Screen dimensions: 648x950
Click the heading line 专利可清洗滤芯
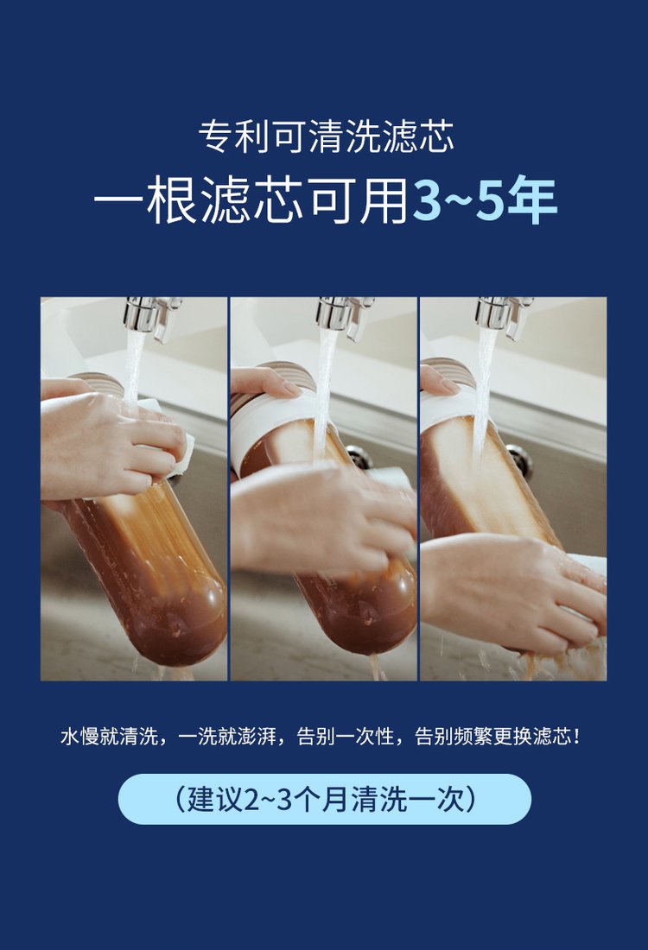(x=326, y=137)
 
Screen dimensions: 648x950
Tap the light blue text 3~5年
(x=485, y=199)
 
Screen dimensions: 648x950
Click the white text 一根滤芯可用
(x=251, y=200)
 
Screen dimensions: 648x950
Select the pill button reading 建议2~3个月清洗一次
(x=324, y=799)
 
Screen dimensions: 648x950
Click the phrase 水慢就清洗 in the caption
(x=109, y=737)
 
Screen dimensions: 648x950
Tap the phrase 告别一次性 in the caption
(x=346, y=737)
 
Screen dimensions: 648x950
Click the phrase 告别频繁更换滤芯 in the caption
(x=492, y=737)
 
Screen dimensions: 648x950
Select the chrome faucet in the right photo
(x=504, y=315)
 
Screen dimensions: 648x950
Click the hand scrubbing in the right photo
(x=512, y=591)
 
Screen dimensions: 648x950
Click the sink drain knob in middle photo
(x=359, y=457)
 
